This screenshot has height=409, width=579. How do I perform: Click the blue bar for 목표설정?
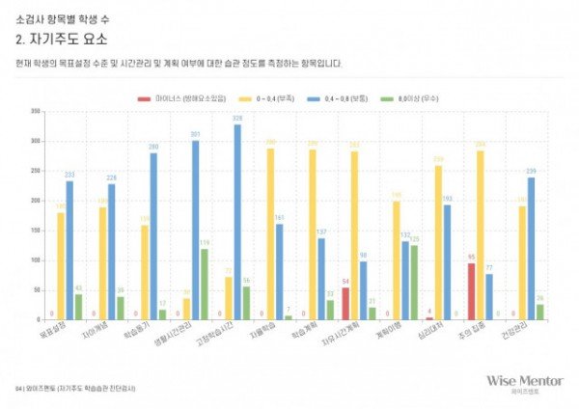pos(69,250)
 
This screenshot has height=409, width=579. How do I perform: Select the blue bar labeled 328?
pos(237,222)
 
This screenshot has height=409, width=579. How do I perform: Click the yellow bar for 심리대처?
pos(438,242)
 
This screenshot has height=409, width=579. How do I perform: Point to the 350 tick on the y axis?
pos(36,112)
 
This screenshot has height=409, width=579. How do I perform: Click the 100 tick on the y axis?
pos(36,259)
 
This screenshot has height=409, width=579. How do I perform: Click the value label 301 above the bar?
pos(195,134)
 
